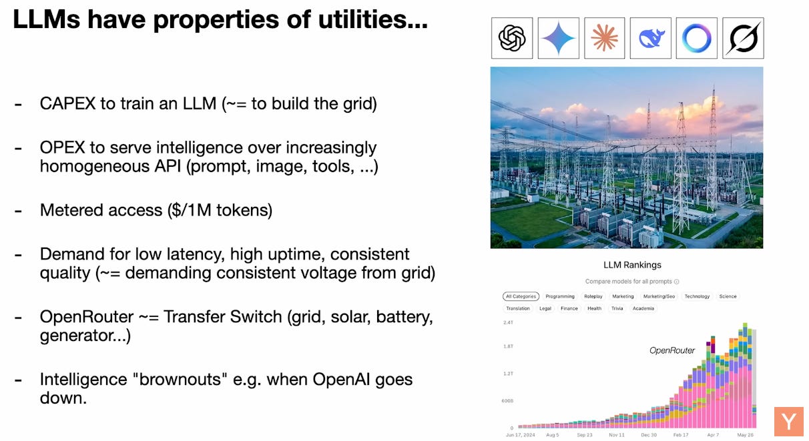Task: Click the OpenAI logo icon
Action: pos(512,38)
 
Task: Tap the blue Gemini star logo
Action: pos(558,38)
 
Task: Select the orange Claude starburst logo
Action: pos(604,38)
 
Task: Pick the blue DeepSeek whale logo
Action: pos(651,38)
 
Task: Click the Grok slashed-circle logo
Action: pos(743,38)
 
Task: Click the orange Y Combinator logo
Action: pos(789,422)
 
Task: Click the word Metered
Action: pos(67,210)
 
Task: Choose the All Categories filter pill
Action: pos(521,296)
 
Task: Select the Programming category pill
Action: pos(560,296)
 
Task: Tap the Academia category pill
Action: pos(643,308)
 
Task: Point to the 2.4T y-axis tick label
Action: pos(508,322)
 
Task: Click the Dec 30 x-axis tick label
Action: pos(649,434)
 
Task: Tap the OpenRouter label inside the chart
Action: pos(672,350)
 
